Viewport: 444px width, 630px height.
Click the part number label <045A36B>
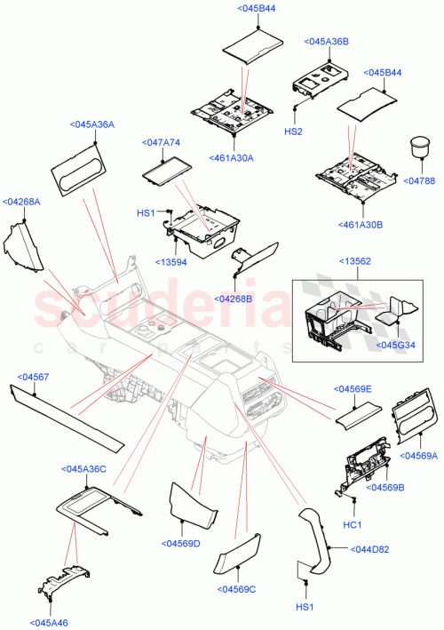click(326, 42)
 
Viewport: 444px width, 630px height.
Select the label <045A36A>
click(92, 125)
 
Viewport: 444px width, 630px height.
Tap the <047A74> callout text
click(161, 142)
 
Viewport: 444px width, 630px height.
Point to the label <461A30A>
click(234, 158)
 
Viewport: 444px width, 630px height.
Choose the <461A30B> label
click(361, 225)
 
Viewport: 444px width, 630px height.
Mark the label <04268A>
click(21, 202)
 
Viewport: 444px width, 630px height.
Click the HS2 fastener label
click(294, 131)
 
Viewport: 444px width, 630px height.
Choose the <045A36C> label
click(84, 468)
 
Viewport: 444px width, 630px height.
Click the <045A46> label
click(50, 621)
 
